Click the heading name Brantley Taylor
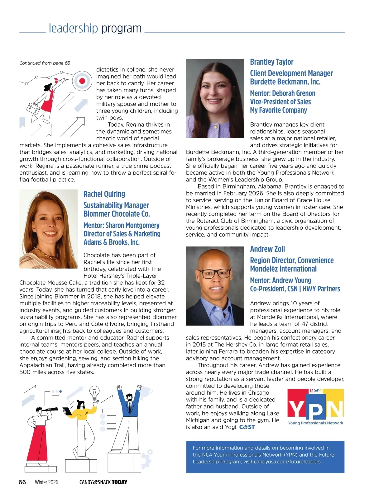click(271, 62)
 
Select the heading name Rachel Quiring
click(104, 194)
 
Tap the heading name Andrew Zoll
click(267, 249)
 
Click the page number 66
click(22, 482)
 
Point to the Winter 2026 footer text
click(46, 482)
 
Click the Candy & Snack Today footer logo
click(103, 482)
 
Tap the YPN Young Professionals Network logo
click(315, 407)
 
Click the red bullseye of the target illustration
click(82, 81)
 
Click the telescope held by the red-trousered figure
click(51, 410)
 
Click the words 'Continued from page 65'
click(45, 63)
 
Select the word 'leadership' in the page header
click(73, 28)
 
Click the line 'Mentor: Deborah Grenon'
click(282, 93)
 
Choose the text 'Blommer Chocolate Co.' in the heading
click(117, 214)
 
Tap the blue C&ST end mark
click(247, 427)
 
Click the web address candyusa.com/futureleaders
click(287, 462)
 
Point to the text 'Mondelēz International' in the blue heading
click(283, 269)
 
